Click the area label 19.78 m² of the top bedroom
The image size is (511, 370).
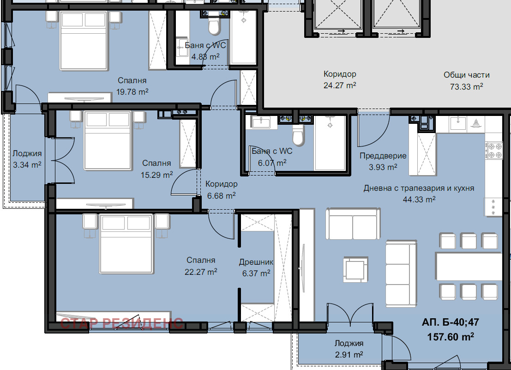[132, 92]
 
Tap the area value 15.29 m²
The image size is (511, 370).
[157, 175]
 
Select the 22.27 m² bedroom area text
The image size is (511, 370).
[201, 272]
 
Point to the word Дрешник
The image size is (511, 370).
[256, 262]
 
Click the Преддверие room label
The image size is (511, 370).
[383, 156]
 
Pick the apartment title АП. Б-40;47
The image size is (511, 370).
[451, 322]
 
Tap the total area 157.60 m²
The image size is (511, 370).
[451, 336]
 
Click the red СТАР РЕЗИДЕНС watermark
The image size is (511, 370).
[121, 323]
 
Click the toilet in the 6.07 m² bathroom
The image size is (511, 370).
[298, 135]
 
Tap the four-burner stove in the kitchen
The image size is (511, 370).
[494, 151]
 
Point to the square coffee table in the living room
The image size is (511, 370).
[355, 269]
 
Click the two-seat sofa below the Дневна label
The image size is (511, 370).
[353, 224]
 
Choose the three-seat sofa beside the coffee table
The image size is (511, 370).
[401, 273]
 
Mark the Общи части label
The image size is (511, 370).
[466, 75]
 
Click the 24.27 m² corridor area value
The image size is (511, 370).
[340, 85]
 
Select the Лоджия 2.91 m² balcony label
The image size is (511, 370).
[349, 349]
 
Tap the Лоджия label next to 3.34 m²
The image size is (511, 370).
[27, 153]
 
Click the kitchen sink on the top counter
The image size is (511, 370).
[458, 123]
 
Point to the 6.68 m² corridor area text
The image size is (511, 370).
[221, 195]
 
